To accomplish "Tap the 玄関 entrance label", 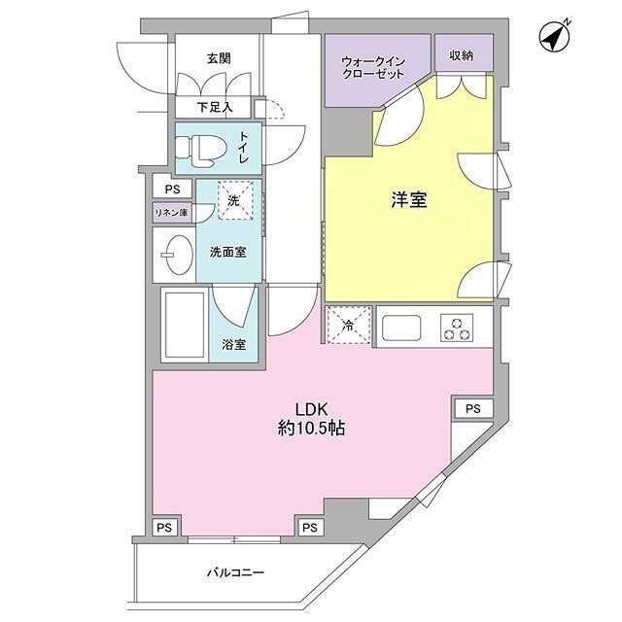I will click(219, 58).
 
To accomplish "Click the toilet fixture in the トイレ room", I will click(199, 149).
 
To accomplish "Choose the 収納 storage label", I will click(461, 56).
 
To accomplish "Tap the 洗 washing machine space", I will click(234, 199).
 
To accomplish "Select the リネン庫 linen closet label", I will click(171, 213).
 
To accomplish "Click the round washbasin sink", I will click(175, 255).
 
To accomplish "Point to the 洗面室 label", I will click(228, 252).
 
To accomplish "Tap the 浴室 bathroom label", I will click(233, 344).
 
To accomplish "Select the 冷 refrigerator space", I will click(348, 325).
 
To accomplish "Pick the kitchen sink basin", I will click(401, 328).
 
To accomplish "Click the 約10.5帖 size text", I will click(310, 427).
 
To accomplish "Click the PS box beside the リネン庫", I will click(172, 190).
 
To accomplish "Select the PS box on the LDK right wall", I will click(471, 408).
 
